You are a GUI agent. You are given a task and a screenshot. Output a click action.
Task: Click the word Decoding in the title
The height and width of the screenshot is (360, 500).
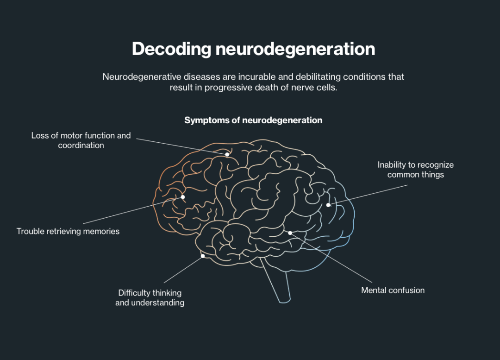coord(171,49)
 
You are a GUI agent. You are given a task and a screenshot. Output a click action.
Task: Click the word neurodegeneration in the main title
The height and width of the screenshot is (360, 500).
coord(295,49)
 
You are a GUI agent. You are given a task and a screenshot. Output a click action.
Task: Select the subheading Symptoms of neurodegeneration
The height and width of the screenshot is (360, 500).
coord(253,120)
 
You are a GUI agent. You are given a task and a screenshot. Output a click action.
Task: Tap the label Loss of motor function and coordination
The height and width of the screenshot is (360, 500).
coord(81,140)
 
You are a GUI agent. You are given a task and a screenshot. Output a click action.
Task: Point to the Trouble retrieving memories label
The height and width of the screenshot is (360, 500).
coord(68,231)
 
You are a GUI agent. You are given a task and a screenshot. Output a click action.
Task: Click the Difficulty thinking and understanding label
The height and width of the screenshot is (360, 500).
coord(150,297)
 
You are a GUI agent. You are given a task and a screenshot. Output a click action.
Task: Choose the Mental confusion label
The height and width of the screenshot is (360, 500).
coord(393,291)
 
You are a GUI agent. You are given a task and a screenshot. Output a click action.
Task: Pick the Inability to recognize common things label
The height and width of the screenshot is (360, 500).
coord(415,170)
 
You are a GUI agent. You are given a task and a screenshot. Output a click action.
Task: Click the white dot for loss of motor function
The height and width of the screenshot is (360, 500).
coord(227,154)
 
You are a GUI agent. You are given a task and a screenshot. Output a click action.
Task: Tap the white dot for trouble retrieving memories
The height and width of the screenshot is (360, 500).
coord(183,197)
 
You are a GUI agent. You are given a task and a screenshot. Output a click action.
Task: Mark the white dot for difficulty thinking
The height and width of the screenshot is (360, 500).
coord(203,256)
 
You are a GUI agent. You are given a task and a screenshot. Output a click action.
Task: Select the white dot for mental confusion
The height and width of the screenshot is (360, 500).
coord(290,233)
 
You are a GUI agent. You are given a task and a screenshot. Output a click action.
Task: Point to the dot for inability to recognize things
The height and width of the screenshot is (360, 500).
coord(328,205)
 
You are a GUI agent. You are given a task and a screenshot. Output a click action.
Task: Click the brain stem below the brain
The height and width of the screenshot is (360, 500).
coord(278,283)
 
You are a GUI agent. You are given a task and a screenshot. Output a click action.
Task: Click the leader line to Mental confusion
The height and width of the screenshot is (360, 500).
coord(331,257)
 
